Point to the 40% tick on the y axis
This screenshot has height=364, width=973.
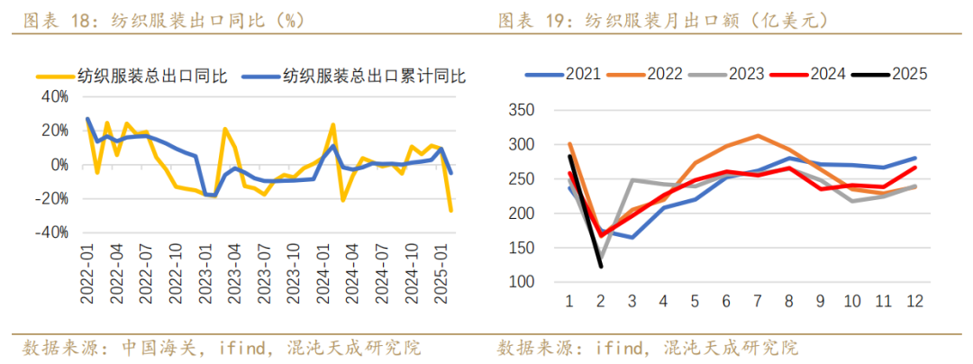click(x=59, y=96)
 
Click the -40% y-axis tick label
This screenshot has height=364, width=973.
click(x=55, y=232)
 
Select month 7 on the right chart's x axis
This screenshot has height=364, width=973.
click(x=758, y=302)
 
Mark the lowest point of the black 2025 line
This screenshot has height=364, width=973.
click(x=601, y=266)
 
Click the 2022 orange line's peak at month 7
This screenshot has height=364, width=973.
click(x=758, y=136)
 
